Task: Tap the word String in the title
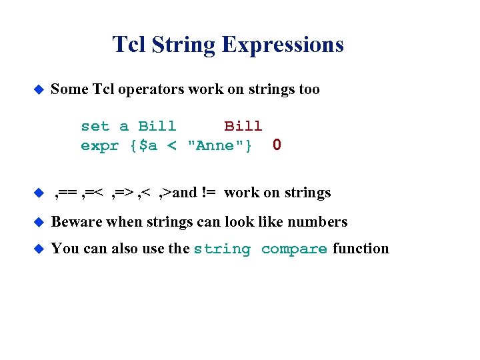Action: (183, 45)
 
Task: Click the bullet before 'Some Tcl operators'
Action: (38, 89)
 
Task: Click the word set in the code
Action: (95, 126)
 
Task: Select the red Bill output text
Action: (243, 126)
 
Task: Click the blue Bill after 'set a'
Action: (157, 126)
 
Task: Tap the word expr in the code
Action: (99, 145)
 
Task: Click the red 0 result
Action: (277, 145)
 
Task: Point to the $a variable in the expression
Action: (148, 145)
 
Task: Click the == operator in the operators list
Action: (68, 193)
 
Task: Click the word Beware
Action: (76, 222)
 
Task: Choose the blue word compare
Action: (294, 249)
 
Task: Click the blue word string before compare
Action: (222, 249)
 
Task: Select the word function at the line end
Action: (361, 249)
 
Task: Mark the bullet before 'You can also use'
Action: (38, 249)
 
